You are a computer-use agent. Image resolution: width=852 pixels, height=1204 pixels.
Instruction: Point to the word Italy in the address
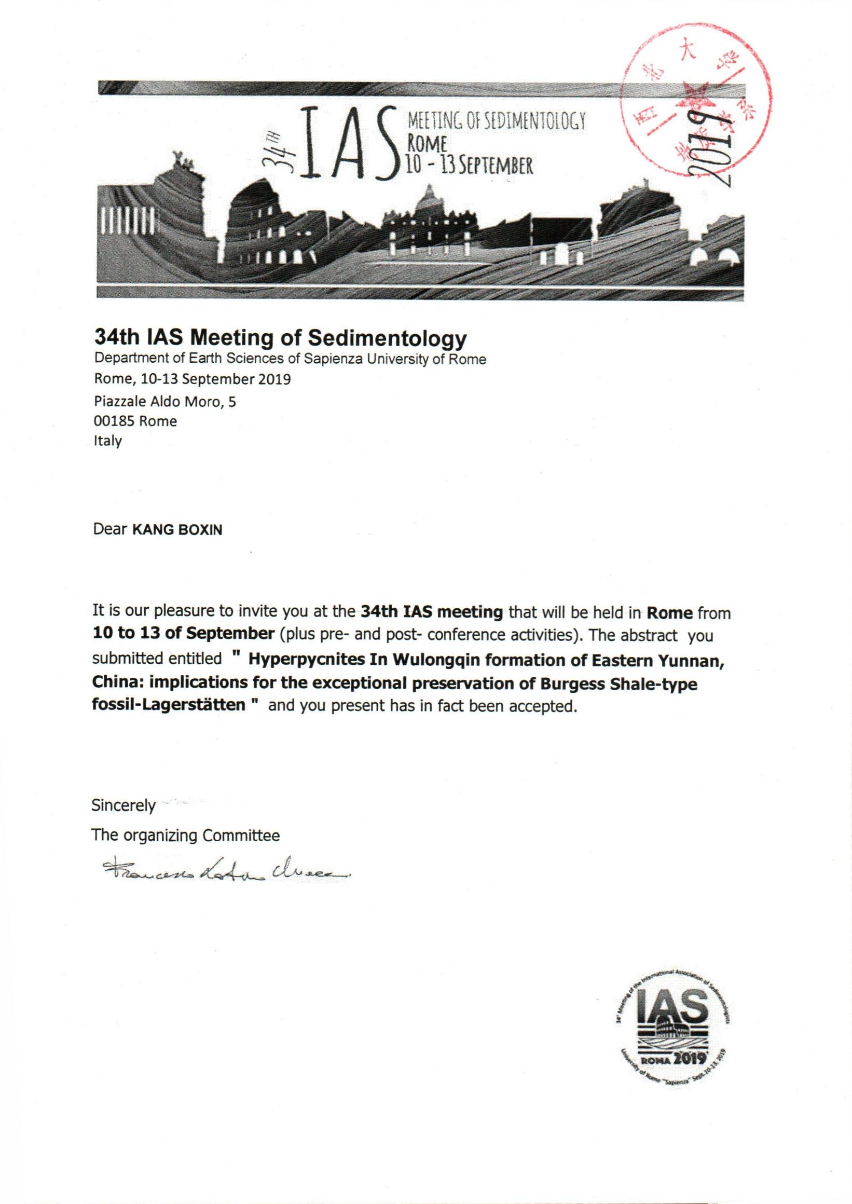pyautogui.click(x=107, y=441)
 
